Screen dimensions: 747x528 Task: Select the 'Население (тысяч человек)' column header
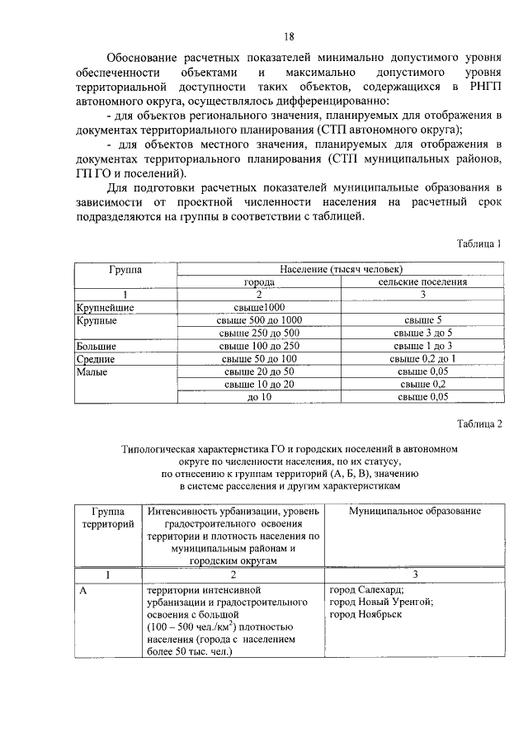[x=341, y=270]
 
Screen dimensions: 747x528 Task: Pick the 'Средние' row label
[x=96, y=359]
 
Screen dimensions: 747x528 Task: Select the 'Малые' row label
[x=92, y=372]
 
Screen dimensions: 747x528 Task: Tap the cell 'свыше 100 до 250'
[x=259, y=347]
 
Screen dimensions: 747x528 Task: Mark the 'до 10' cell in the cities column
[x=259, y=398]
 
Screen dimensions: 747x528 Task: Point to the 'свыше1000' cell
[x=259, y=308]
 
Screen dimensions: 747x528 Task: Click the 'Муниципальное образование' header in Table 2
[x=414, y=512]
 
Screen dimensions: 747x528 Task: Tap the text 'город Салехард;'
[x=366, y=590]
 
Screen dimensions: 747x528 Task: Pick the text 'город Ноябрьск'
[x=365, y=615]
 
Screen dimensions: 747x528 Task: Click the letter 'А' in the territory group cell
[x=83, y=590]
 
